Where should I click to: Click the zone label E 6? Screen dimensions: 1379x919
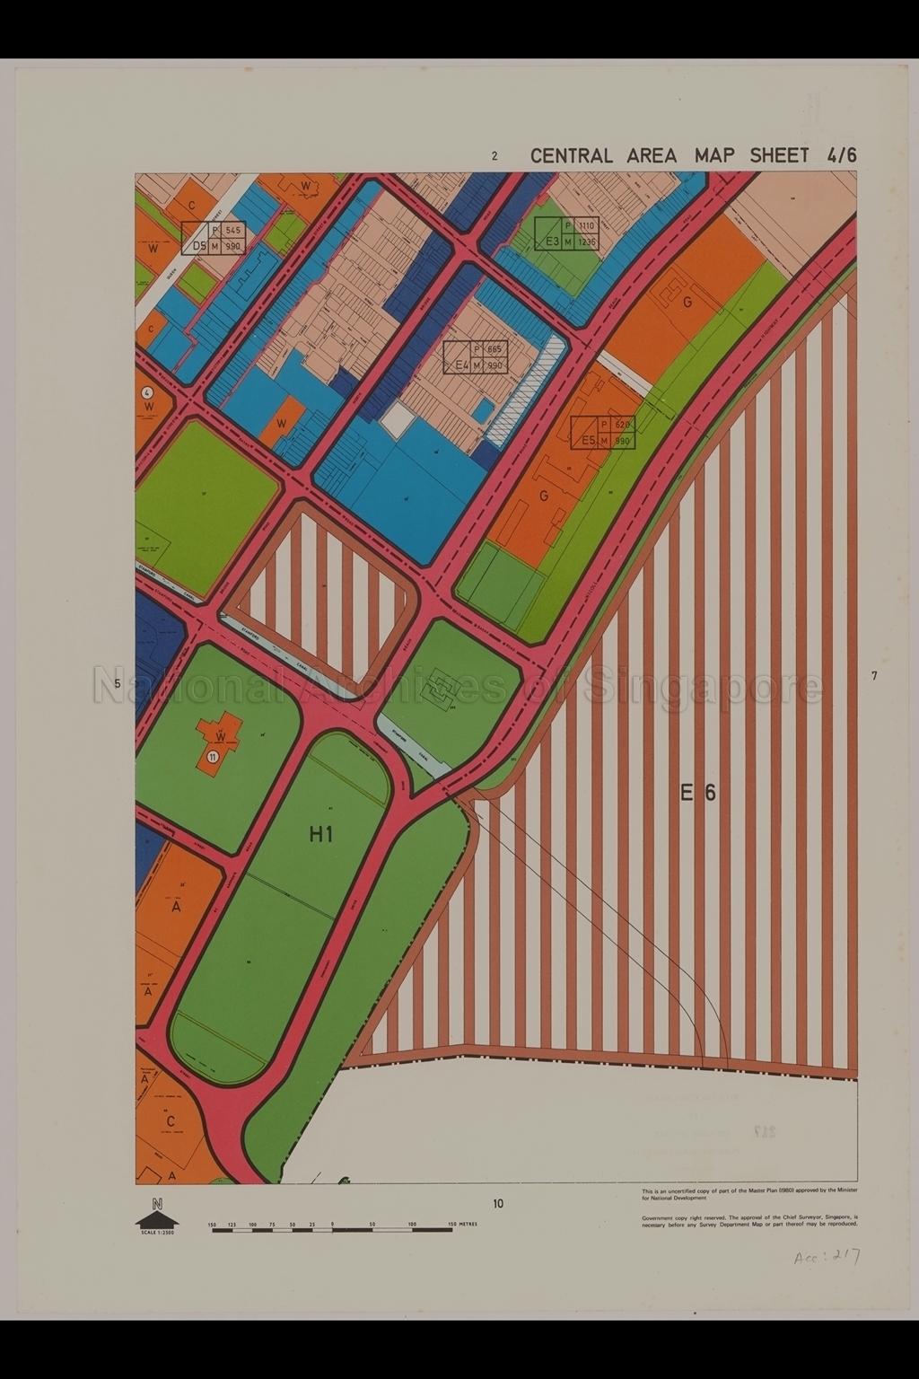[697, 793]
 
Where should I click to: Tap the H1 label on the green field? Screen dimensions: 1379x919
[320, 834]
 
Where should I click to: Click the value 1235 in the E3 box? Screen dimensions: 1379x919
[586, 242]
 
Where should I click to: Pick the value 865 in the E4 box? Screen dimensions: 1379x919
[495, 349]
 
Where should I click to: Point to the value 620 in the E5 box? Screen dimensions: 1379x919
[623, 425]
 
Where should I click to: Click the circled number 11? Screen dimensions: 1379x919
[212, 757]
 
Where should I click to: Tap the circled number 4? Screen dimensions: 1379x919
[147, 393]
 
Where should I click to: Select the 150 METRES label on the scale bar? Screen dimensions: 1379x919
[463, 1224]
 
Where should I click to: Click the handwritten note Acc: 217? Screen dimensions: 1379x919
[827, 1258]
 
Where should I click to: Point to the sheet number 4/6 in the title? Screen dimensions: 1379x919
[842, 155]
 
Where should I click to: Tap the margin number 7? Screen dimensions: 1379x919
[873, 676]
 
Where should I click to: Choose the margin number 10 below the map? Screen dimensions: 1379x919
[498, 1204]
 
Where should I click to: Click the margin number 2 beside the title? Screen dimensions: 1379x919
[495, 156]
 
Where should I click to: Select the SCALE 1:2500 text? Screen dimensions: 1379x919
[157, 1232]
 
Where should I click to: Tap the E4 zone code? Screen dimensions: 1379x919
[462, 365]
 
